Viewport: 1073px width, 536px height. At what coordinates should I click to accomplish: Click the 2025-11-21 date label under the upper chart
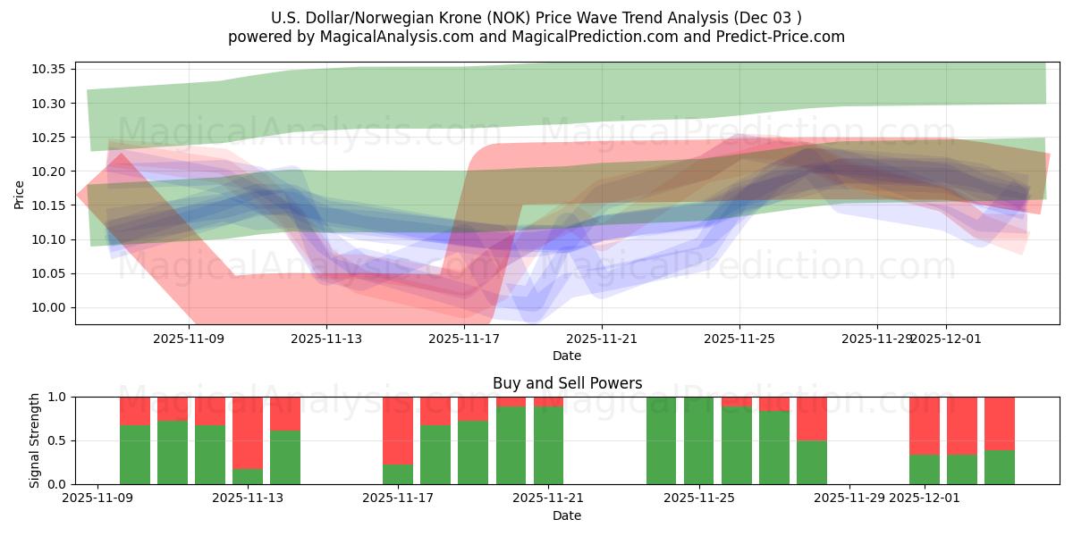[602, 339]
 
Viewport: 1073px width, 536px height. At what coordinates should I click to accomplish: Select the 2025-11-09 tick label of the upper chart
[189, 339]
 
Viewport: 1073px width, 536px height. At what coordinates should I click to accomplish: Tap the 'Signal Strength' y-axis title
[35, 440]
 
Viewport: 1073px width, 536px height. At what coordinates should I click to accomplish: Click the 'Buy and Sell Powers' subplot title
[567, 383]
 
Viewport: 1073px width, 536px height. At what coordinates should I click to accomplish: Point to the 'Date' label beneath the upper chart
[567, 356]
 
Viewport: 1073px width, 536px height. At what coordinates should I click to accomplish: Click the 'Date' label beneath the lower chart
[567, 515]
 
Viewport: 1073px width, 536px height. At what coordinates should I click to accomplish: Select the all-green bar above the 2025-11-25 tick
[698, 440]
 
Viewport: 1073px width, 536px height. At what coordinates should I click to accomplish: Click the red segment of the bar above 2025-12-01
[925, 425]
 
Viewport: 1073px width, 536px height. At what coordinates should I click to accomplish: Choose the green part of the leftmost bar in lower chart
[135, 455]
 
